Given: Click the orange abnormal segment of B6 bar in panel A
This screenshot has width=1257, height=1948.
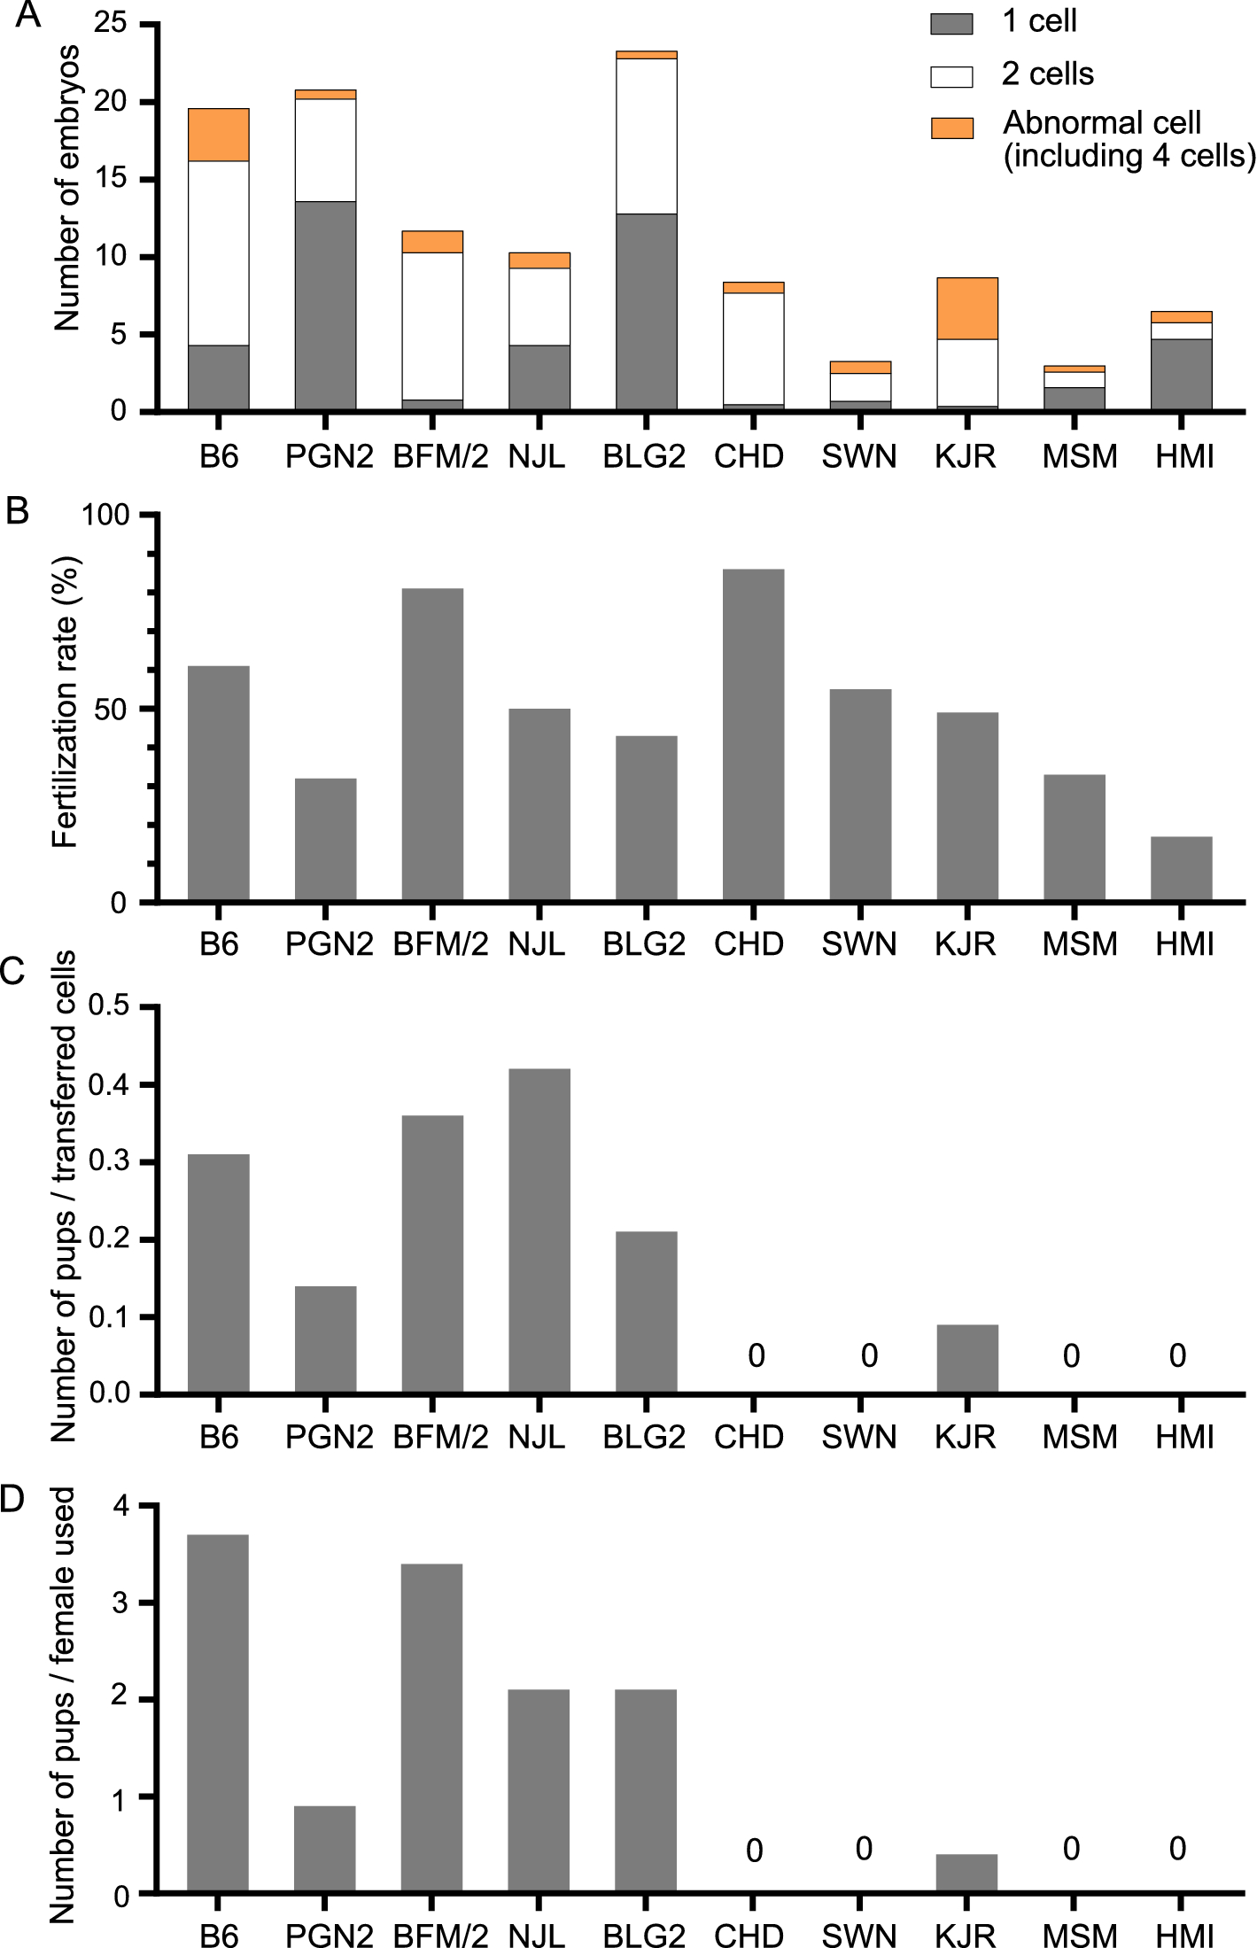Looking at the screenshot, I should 218,135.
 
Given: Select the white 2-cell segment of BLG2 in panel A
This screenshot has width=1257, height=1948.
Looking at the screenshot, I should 646,136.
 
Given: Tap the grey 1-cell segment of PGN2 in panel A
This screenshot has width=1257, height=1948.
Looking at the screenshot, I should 325,306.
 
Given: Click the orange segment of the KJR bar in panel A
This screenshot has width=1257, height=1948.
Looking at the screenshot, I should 966,308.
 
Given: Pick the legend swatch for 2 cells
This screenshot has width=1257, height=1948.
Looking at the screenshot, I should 951,76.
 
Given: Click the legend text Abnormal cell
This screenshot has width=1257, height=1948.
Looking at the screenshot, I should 1101,122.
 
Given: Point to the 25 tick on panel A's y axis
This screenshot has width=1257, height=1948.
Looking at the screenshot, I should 111,23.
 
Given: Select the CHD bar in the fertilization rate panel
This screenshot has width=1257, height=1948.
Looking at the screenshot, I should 753,735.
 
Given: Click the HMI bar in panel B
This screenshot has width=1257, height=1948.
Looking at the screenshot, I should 1181,869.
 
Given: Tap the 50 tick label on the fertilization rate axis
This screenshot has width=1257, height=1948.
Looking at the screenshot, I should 111,710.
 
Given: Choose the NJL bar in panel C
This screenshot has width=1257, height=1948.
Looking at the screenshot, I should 539,1231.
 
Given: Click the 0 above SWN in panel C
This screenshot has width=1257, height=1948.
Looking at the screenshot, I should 869,1355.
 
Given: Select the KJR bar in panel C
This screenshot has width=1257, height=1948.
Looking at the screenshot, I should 966,1359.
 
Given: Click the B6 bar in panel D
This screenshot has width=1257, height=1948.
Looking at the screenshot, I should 218,1714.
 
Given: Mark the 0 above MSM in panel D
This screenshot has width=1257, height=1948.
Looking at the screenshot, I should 1071,1849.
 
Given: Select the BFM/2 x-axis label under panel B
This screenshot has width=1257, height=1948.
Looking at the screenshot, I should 440,944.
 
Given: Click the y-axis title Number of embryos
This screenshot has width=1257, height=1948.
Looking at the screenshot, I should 67,188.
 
